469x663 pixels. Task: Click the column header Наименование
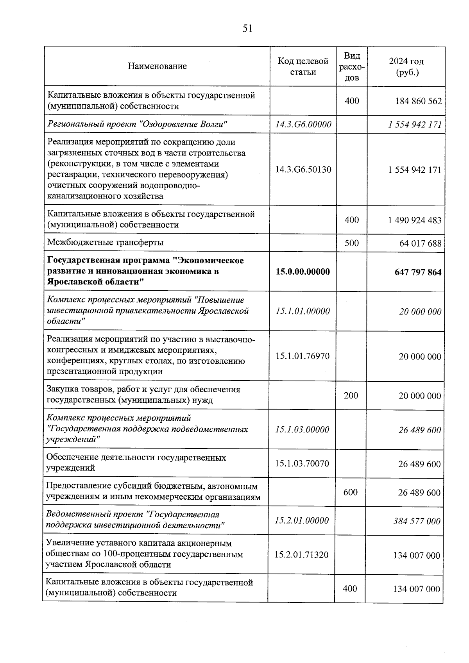point(157,66)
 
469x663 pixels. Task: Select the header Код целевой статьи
point(303,66)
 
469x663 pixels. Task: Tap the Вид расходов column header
point(352,66)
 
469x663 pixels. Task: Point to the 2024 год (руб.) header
point(406,67)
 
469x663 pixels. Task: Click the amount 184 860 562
point(419,101)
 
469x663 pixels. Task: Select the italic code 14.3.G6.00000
point(303,124)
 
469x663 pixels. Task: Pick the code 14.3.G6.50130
point(303,170)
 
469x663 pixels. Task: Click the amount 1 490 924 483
point(415,220)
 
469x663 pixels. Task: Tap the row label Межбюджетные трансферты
point(106,243)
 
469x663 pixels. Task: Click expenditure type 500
point(352,243)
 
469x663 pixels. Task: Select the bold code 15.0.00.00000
point(303,272)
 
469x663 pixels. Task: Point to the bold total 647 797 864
point(418,272)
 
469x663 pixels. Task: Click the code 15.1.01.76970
point(303,356)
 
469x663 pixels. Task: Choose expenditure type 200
point(351,395)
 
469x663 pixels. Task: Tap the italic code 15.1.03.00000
point(302,429)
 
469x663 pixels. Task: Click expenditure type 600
point(351,492)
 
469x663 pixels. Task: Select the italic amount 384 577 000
point(417,521)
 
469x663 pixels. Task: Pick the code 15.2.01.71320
point(301,554)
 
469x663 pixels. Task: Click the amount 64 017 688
point(420,243)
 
